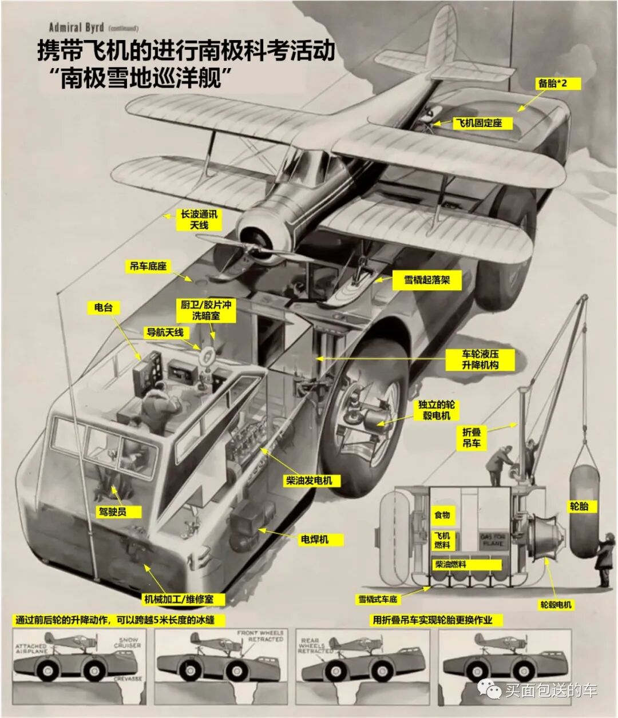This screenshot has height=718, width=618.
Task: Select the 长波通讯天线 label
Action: [199, 219]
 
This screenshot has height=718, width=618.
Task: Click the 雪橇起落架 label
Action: [427, 280]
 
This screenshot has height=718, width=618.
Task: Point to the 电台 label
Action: [104, 307]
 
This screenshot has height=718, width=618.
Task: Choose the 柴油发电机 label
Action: [309, 481]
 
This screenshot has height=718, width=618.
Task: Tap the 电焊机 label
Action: [315, 539]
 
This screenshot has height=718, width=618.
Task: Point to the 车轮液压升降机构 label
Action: [480, 359]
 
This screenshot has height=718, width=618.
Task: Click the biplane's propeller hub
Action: [253, 236]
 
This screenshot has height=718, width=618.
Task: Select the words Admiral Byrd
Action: [76, 27]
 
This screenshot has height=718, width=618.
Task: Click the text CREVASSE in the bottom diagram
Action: [128, 679]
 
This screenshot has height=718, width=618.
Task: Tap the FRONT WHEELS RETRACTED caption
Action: [260, 636]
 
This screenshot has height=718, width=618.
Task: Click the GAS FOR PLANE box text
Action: [493, 540]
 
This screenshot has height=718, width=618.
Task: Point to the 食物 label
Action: [442, 515]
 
